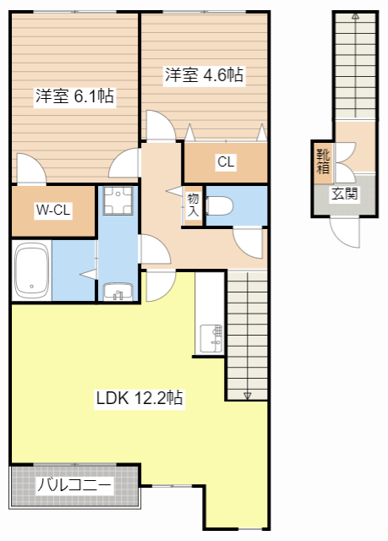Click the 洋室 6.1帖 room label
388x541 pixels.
(74, 96)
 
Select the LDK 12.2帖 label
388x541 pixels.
(140, 396)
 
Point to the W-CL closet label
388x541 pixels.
(52, 210)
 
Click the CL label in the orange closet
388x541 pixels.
(225, 162)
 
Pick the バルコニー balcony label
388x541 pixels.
(74, 487)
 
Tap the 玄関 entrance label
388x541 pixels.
(344, 194)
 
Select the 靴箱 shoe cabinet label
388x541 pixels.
(322, 161)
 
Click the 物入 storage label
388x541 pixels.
(193, 205)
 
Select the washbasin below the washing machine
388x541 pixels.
(117, 292)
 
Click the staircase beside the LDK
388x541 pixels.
(247, 335)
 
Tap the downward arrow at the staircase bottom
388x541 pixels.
(247, 393)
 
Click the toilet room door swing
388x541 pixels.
(249, 241)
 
